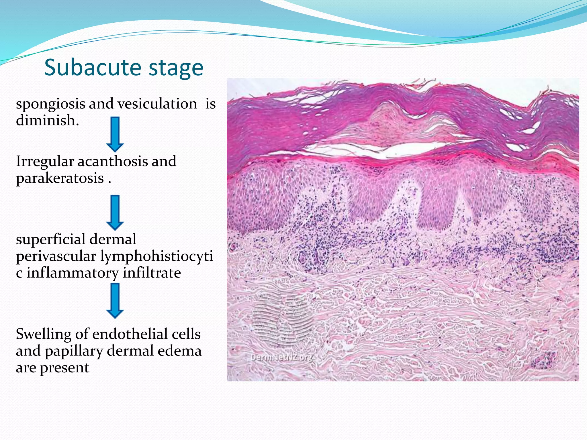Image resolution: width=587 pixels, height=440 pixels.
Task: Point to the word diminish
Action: tap(47, 120)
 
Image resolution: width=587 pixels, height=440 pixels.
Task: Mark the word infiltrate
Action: tap(152, 273)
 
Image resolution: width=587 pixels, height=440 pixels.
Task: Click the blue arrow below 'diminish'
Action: tap(115, 134)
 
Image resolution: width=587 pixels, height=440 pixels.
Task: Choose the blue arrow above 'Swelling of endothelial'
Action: tap(115, 300)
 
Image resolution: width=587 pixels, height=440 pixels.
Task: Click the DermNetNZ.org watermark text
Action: tap(282, 358)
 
